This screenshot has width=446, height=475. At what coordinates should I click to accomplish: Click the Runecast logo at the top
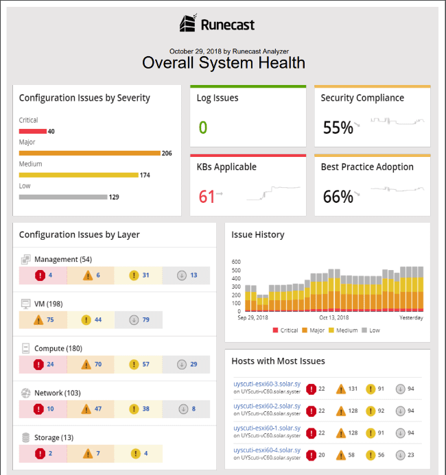(217, 25)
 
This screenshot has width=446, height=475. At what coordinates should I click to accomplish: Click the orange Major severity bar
(89, 153)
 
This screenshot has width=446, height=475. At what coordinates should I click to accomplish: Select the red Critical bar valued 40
(32, 131)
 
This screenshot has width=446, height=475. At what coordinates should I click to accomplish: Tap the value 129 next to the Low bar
(114, 197)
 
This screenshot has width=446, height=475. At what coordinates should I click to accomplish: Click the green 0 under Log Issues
(202, 127)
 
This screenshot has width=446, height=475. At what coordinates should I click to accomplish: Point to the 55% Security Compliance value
(338, 127)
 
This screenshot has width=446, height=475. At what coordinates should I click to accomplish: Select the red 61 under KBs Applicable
(207, 196)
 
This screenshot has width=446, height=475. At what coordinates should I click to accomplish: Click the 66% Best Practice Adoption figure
(338, 197)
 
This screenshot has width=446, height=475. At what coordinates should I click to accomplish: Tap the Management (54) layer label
(62, 259)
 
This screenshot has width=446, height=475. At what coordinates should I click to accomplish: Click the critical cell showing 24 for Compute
(42, 364)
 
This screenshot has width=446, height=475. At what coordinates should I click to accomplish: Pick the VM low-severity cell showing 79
(138, 319)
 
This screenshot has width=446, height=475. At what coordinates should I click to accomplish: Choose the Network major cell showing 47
(90, 409)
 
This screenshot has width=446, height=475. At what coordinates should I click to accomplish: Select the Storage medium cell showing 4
(138, 453)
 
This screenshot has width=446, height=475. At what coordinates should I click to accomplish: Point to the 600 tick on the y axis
(236, 262)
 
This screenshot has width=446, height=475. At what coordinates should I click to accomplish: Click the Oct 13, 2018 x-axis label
(334, 317)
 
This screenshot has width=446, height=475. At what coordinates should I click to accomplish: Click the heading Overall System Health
(223, 63)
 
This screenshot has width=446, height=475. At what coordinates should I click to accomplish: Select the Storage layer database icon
(26, 437)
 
